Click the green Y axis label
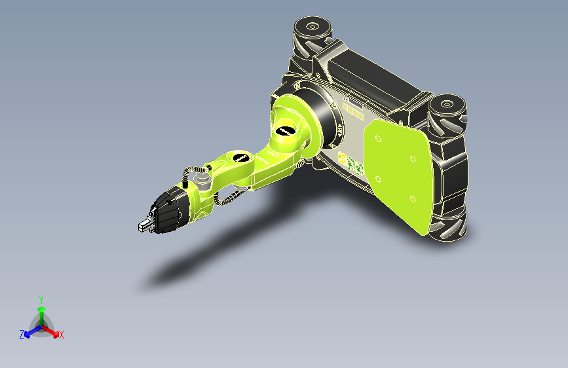(41, 298)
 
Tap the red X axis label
(62, 335)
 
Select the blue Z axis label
(22, 334)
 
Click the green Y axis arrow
(41, 311)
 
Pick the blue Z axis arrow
(30, 332)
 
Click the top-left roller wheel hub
(311, 27)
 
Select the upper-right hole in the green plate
(413, 158)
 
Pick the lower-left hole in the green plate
(377, 178)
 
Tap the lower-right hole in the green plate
(413, 198)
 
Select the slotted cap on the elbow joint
(240, 158)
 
